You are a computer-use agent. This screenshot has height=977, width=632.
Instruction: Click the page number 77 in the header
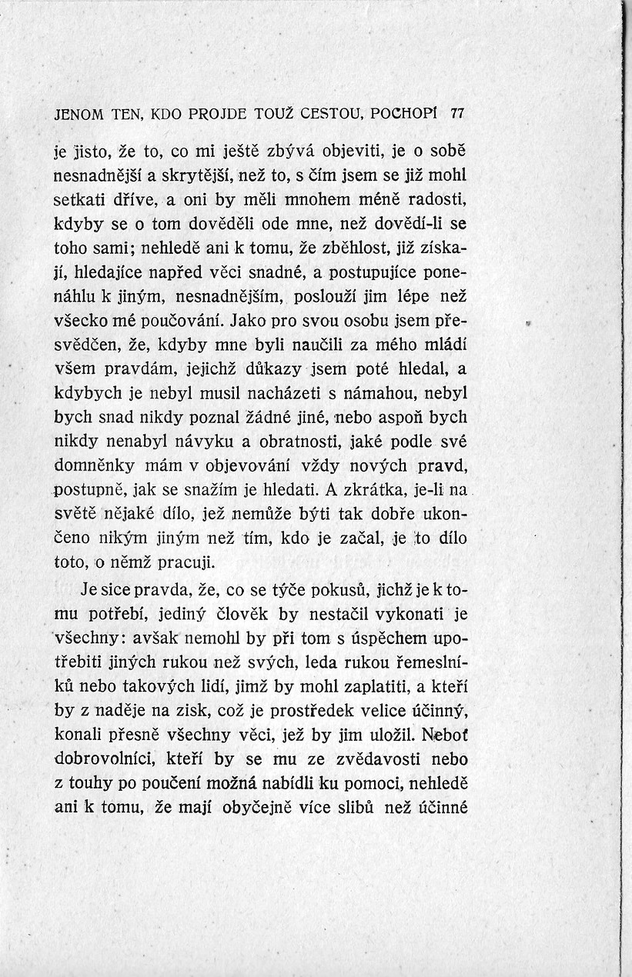456,114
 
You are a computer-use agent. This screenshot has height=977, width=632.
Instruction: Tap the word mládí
446,345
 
